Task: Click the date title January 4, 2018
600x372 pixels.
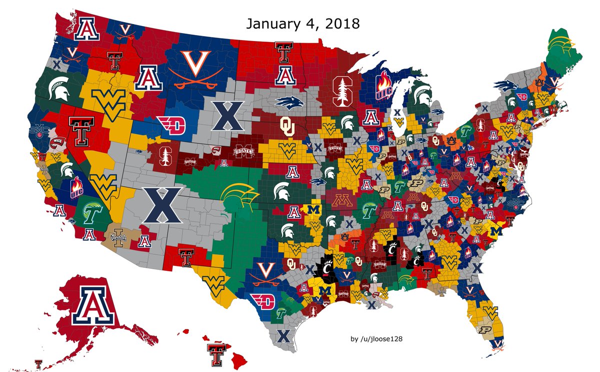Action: pyautogui.click(x=302, y=24)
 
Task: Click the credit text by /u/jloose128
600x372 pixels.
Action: pyautogui.click(x=377, y=339)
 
